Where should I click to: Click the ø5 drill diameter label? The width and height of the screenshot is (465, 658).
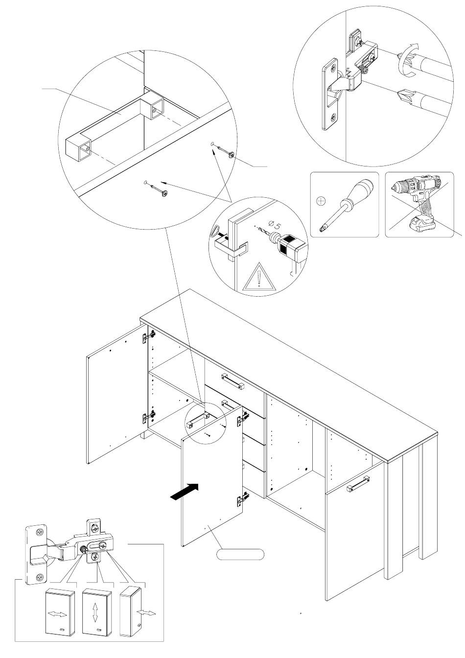(x=276, y=226)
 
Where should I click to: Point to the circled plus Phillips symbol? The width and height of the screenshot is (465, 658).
(x=321, y=200)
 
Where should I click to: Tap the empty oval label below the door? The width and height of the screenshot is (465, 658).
(x=240, y=554)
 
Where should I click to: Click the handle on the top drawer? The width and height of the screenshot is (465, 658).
(x=233, y=380)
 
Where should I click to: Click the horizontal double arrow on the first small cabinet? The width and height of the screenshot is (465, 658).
(x=58, y=614)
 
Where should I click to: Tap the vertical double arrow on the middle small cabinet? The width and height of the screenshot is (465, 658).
(x=95, y=612)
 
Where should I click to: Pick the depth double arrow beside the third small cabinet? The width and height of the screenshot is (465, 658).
(x=147, y=612)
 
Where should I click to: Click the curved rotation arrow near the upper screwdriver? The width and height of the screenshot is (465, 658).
(x=408, y=59)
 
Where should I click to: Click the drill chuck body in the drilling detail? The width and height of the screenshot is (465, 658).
(x=290, y=245)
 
